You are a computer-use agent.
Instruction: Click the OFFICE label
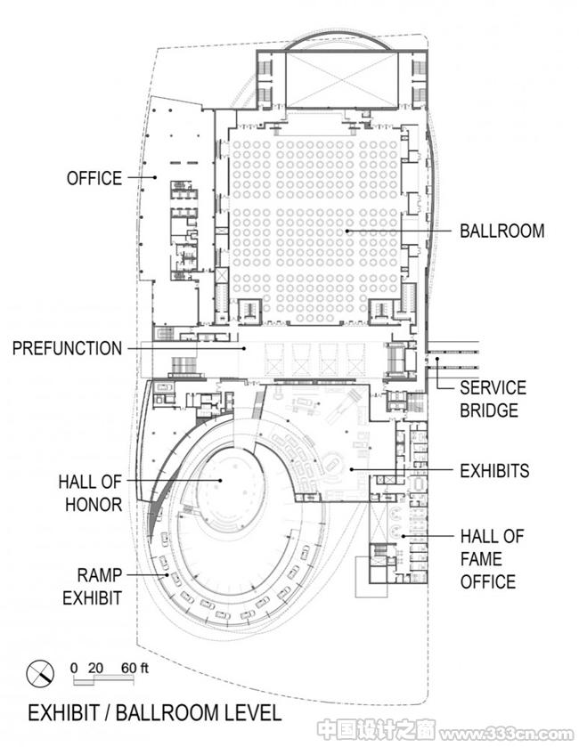point(94,178)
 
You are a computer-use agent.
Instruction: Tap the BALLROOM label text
point(502,231)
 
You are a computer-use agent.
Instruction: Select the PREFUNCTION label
point(67,348)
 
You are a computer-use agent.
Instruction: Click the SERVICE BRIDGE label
point(493,399)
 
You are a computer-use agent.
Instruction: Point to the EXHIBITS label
point(494,471)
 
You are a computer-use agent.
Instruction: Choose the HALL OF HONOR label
point(91,493)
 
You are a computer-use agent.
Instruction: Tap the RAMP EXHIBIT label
point(93,587)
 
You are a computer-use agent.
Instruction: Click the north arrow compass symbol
point(40,674)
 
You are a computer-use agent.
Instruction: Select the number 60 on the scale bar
point(128,668)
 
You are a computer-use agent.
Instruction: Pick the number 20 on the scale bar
point(95,668)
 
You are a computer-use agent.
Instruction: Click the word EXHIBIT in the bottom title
point(63,713)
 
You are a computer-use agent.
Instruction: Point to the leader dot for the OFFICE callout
point(155,178)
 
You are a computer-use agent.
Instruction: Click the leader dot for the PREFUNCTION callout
point(244,348)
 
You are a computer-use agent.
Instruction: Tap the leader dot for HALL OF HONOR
point(221,480)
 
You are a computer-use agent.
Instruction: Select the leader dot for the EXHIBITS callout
point(351,470)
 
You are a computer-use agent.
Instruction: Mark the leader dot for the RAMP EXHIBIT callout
point(167,575)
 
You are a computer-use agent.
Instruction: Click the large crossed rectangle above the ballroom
point(341,79)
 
